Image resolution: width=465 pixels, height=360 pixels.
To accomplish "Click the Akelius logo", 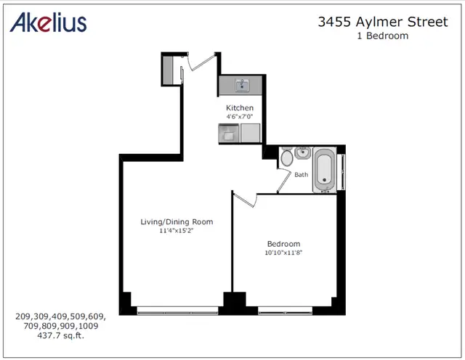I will point(49,22).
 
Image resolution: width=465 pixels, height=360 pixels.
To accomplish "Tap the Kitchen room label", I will point(239,107).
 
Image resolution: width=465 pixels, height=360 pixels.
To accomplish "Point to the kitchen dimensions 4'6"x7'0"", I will point(239,116).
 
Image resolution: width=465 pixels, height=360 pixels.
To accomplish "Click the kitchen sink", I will point(242,86).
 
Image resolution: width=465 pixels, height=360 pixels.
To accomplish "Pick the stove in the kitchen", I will point(229,134).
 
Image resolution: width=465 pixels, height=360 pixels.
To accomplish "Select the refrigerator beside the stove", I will point(251,134).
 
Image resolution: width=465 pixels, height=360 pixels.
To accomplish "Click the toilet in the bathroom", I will point(287,157).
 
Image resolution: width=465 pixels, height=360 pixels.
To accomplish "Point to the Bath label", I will point(301,175).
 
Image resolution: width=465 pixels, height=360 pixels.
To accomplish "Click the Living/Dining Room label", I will point(177,221).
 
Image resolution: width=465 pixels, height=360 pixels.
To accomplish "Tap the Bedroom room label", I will point(283,244).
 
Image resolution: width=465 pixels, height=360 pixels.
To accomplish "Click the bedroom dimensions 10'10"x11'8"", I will point(283,253).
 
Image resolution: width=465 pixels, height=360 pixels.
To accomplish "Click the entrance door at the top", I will point(201,62).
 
